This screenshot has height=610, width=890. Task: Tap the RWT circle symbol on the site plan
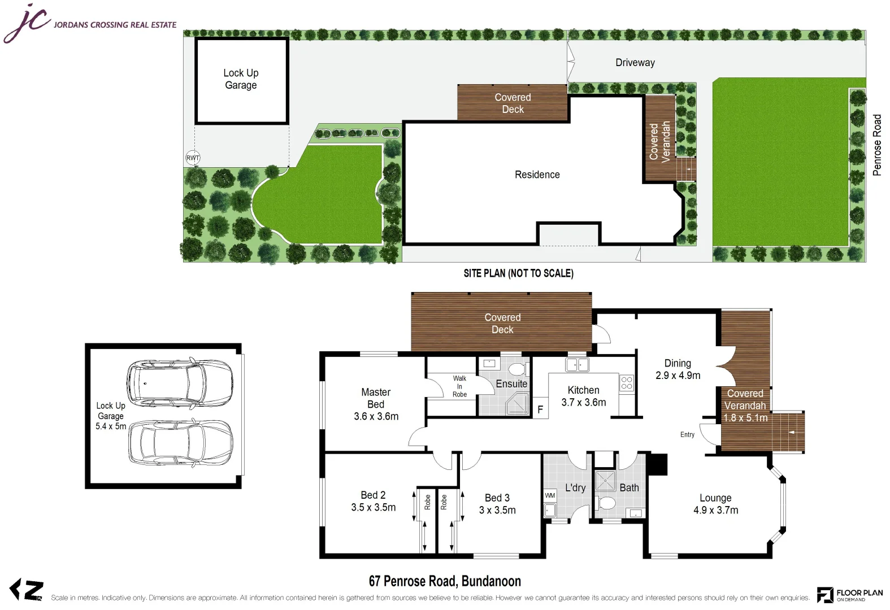[x=193, y=158]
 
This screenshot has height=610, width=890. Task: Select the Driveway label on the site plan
[x=635, y=63]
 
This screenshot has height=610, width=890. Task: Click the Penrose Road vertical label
[x=876, y=145]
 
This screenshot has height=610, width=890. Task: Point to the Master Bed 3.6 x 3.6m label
[x=376, y=404]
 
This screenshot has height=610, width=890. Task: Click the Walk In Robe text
[x=459, y=386]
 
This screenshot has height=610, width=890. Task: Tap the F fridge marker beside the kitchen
[x=540, y=409]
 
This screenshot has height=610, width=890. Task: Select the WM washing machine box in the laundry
[x=550, y=495]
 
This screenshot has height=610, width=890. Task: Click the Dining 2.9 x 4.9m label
[x=678, y=369]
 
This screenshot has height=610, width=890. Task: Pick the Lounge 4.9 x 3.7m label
[x=715, y=504]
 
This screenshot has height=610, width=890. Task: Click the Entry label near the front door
[x=687, y=434]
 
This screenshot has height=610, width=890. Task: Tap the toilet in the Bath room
[x=607, y=503]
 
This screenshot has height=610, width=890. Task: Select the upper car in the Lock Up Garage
[x=180, y=382]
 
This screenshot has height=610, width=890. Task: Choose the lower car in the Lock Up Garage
[x=180, y=442]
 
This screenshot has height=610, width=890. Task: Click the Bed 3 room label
[x=497, y=504]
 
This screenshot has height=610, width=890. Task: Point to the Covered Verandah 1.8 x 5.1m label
[x=745, y=406]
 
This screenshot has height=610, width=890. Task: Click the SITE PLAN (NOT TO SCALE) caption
[x=518, y=273]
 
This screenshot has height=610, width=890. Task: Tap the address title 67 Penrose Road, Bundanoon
[x=445, y=581]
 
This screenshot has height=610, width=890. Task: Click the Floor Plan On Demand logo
[x=849, y=594]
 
